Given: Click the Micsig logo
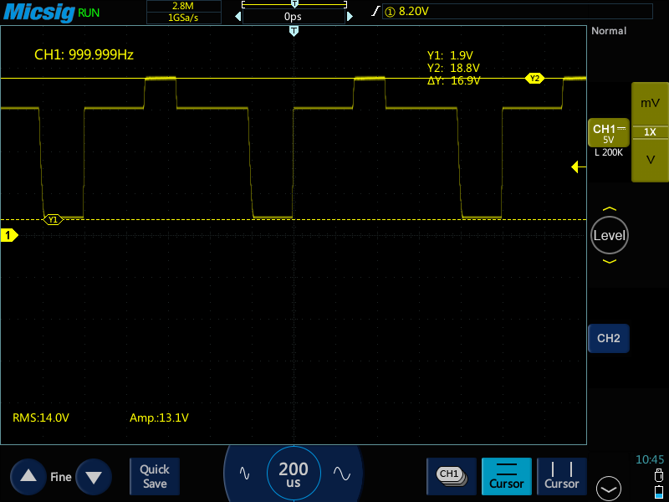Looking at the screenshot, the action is coord(38,13).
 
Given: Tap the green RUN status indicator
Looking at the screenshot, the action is coord(89,13).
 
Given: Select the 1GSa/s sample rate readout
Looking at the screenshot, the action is coord(183,18).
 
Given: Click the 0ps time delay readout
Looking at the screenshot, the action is coord(294,17).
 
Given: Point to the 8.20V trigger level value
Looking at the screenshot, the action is coord(413,11).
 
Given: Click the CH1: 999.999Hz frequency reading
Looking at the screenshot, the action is coord(84,54).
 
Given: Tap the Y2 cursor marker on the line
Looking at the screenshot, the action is coord(534,79).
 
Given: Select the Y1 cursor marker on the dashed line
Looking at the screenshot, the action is coord(53,220).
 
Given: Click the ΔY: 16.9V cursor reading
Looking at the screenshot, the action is coord(453,80).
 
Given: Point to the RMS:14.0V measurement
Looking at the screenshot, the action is coord(41,417).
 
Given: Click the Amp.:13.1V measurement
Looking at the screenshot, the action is coord(159,417).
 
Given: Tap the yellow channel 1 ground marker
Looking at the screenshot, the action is coord(9,235).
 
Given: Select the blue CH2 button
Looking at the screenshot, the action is coord(609,338).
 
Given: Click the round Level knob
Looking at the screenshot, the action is coord(610,235).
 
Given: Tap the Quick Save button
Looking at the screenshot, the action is coord(155,476).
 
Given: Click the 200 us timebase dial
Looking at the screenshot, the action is coord(294,474).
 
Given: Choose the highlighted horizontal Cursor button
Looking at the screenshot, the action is coord(507,476).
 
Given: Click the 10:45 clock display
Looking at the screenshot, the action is coord(650,459).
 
